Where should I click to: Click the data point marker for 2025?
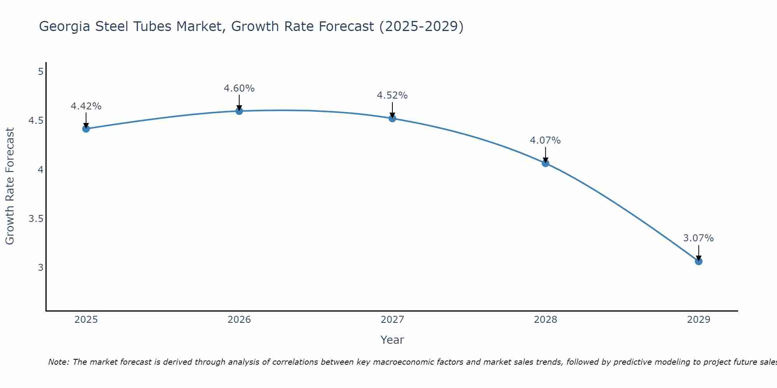click(x=86, y=129)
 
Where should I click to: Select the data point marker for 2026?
click(x=239, y=111)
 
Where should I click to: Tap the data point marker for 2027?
click(x=392, y=118)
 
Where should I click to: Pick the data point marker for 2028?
click(x=545, y=163)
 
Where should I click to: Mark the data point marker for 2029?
click(x=698, y=262)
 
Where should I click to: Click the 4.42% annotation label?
click(x=86, y=106)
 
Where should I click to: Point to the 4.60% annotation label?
click(x=239, y=88)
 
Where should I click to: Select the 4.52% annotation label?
click(x=392, y=95)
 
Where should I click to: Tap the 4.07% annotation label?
click(x=545, y=140)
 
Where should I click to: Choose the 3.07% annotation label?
click(x=698, y=238)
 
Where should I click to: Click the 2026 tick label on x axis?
click(x=239, y=320)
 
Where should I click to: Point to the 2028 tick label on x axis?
click(x=545, y=320)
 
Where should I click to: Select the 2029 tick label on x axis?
click(x=698, y=320)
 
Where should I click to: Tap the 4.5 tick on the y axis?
click(x=36, y=121)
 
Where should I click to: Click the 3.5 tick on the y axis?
click(x=36, y=219)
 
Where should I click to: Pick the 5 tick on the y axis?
click(x=40, y=72)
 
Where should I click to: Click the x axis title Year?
click(x=392, y=340)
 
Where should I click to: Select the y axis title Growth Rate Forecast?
click(x=10, y=186)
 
